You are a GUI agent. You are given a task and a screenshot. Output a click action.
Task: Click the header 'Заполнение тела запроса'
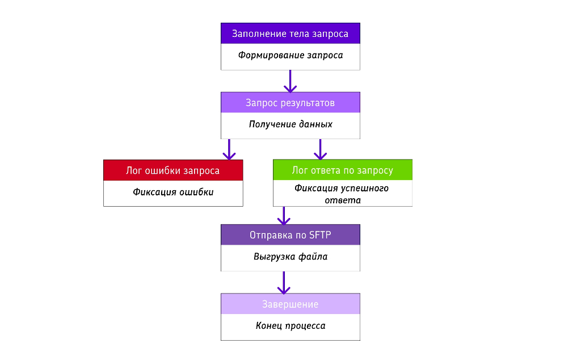point(290,34)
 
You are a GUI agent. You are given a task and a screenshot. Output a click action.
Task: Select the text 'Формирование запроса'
point(290,56)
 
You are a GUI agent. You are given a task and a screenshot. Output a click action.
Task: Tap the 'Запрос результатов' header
point(290,103)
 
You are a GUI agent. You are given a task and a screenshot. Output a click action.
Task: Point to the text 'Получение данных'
point(290,124)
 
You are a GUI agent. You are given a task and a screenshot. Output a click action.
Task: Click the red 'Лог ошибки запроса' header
point(172,170)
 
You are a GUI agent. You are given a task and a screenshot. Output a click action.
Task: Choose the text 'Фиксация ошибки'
point(173,192)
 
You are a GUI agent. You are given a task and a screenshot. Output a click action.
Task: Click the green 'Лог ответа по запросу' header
point(342,170)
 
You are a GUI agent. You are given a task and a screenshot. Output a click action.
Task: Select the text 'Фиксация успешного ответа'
point(342,194)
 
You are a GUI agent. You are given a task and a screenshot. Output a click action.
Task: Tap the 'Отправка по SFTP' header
point(290,235)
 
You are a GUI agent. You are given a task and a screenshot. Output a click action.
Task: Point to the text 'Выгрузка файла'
point(290,257)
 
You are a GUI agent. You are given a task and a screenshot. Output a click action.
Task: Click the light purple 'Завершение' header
point(290,304)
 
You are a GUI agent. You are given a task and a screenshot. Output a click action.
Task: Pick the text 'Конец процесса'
point(290,326)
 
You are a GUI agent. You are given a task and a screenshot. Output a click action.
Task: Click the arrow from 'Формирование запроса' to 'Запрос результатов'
point(290,81)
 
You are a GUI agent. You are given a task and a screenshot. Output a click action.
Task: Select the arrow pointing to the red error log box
point(229,149)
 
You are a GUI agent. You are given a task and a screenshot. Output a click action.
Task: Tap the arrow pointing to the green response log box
point(321,149)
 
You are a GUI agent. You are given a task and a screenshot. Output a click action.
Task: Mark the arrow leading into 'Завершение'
point(283,282)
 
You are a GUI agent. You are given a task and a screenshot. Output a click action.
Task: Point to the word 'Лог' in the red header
point(134,170)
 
